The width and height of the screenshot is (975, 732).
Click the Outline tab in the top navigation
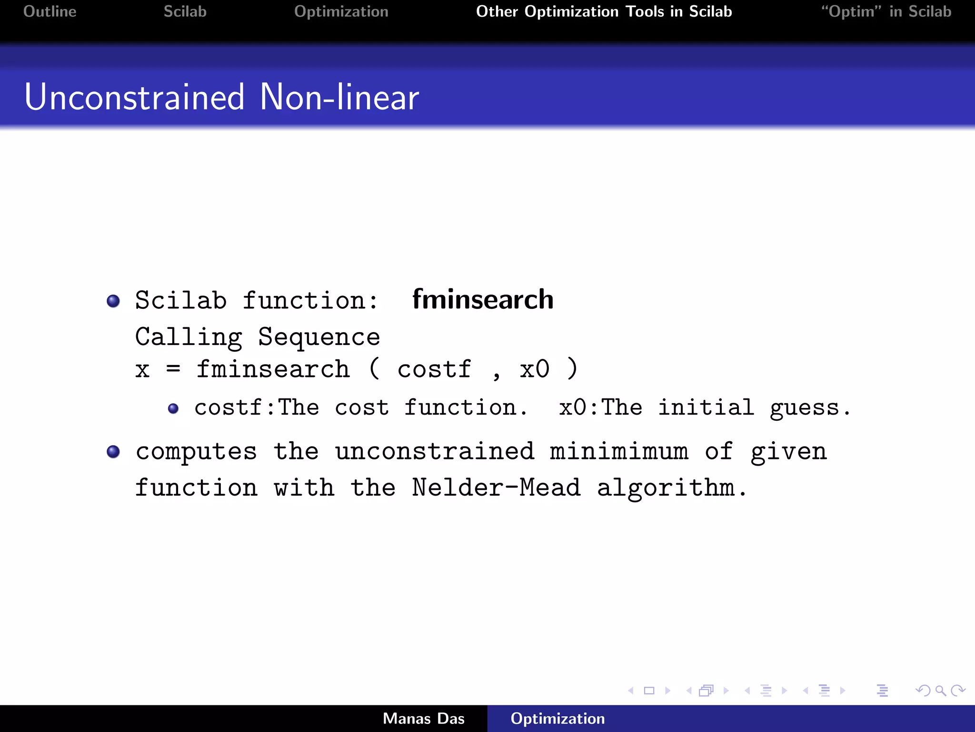pyautogui.click(x=50, y=11)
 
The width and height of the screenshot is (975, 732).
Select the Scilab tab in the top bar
pyautogui.click(x=185, y=11)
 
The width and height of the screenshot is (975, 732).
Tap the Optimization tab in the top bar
pyautogui.click(x=341, y=11)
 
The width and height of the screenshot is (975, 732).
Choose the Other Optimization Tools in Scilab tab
pyautogui.click(x=604, y=11)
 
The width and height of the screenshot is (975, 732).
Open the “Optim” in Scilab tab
pyautogui.click(x=886, y=11)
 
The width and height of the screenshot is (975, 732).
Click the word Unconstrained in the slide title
pyautogui.click(x=134, y=97)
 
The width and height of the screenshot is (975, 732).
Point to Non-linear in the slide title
pyautogui.click(x=339, y=97)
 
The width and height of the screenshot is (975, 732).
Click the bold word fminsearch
pyautogui.click(x=483, y=300)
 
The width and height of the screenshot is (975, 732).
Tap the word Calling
pyautogui.click(x=189, y=337)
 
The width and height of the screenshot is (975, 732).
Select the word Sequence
pyautogui.click(x=319, y=337)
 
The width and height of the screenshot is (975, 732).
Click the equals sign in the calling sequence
pyautogui.click(x=173, y=369)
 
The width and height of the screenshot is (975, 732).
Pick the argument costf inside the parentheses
pyautogui.click(x=434, y=369)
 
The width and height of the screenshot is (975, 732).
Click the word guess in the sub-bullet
pyautogui.click(x=805, y=408)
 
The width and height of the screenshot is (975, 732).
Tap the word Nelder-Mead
pyautogui.click(x=496, y=488)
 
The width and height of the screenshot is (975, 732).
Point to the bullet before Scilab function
pyautogui.click(x=113, y=301)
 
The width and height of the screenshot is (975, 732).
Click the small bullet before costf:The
pyautogui.click(x=173, y=408)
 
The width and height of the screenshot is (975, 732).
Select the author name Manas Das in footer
pyautogui.click(x=423, y=719)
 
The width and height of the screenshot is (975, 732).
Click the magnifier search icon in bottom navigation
pyautogui.click(x=940, y=691)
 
